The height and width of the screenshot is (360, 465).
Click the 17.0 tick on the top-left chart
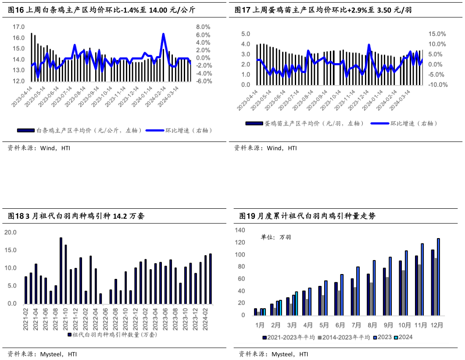pyautogui.click(x=18, y=27)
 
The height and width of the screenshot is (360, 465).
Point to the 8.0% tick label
pyautogui.click(x=203, y=27)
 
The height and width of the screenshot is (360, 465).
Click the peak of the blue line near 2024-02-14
pyautogui.click(x=163, y=34)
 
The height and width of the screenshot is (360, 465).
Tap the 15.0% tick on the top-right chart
pyautogui.click(x=437, y=34)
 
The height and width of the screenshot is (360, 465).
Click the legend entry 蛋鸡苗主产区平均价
pyautogui.click(x=304, y=124)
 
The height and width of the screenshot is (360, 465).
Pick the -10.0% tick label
pyautogui.click(x=437, y=85)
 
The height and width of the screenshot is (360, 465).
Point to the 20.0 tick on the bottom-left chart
pyautogui.click(x=10, y=232)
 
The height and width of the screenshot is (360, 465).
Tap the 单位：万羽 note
pyautogui.click(x=276, y=237)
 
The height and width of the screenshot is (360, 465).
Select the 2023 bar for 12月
pyautogui.click(x=438, y=277)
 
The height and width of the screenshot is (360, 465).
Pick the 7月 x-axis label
pyautogui.click(x=356, y=325)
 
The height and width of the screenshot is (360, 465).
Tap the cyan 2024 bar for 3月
pyautogui.click(x=297, y=303)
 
